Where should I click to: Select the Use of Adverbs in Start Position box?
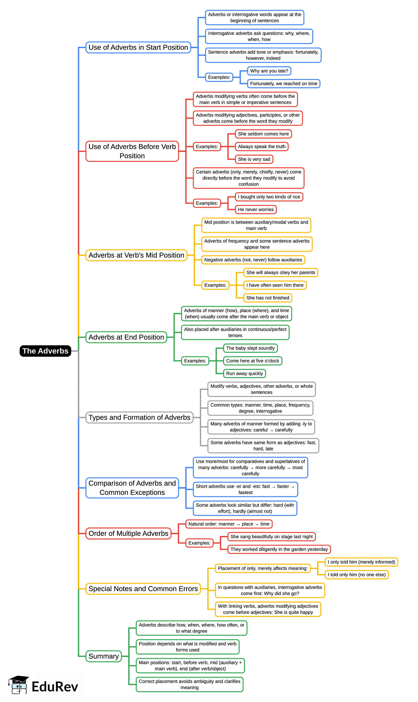coord(138,47)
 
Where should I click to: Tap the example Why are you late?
coord(269,71)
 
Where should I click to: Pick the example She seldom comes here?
coord(263,134)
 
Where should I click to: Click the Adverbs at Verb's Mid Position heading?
coord(136,255)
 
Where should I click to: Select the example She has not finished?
coord(267,298)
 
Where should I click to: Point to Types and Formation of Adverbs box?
coord(139,417)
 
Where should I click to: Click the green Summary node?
coord(103,656)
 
